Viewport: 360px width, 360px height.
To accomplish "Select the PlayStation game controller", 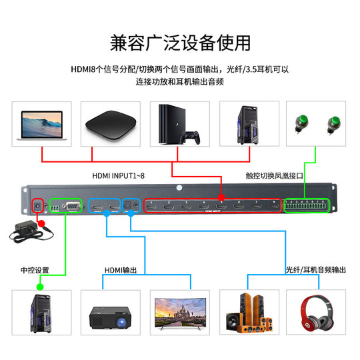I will (191, 138).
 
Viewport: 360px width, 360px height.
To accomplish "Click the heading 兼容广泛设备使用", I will (180, 43).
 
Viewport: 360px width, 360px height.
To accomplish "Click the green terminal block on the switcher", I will (307, 206).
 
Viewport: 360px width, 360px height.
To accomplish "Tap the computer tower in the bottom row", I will (40, 313).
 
